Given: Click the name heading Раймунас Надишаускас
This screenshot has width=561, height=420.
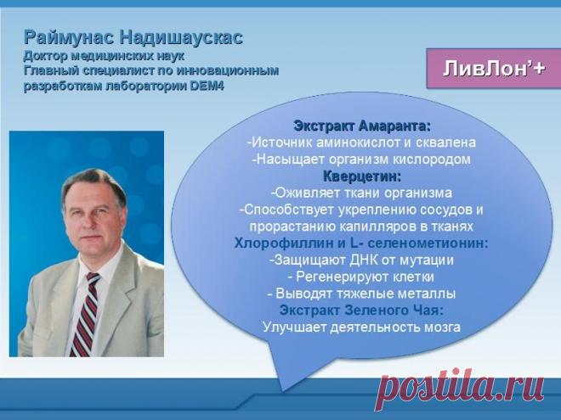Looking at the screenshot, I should point(133,37).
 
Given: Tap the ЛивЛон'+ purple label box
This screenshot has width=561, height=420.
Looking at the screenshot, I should point(494,69).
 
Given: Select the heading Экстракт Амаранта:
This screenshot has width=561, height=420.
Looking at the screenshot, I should point(362,126).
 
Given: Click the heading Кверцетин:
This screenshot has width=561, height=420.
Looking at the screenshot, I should point(362,176).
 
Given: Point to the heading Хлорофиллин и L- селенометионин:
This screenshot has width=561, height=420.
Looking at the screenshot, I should point(361,243).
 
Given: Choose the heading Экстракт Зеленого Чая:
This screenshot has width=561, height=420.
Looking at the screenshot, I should point(361,310).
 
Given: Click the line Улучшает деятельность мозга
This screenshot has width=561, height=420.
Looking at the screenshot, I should point(361,327).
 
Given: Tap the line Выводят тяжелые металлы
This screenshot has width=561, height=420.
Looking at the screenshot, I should point(361,294).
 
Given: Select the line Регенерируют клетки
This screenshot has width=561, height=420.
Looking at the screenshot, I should point(361,277).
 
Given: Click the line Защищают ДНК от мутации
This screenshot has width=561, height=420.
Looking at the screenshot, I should point(361,260).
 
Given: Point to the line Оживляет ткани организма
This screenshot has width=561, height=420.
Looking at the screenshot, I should point(361,193).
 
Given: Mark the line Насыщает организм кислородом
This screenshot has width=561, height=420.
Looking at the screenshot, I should point(361,159).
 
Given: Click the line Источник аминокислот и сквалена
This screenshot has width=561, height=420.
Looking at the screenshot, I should point(361,143).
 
